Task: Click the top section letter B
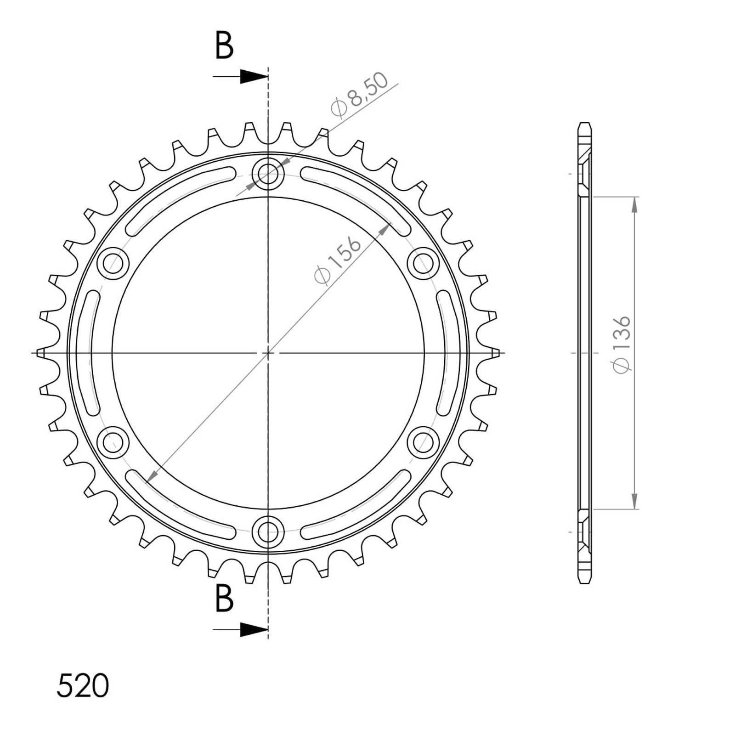point(224,45)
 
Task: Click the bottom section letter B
point(224,598)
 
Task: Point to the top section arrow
point(240,77)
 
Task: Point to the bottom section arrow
point(240,630)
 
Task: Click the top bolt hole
point(268,174)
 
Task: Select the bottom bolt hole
point(268,531)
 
